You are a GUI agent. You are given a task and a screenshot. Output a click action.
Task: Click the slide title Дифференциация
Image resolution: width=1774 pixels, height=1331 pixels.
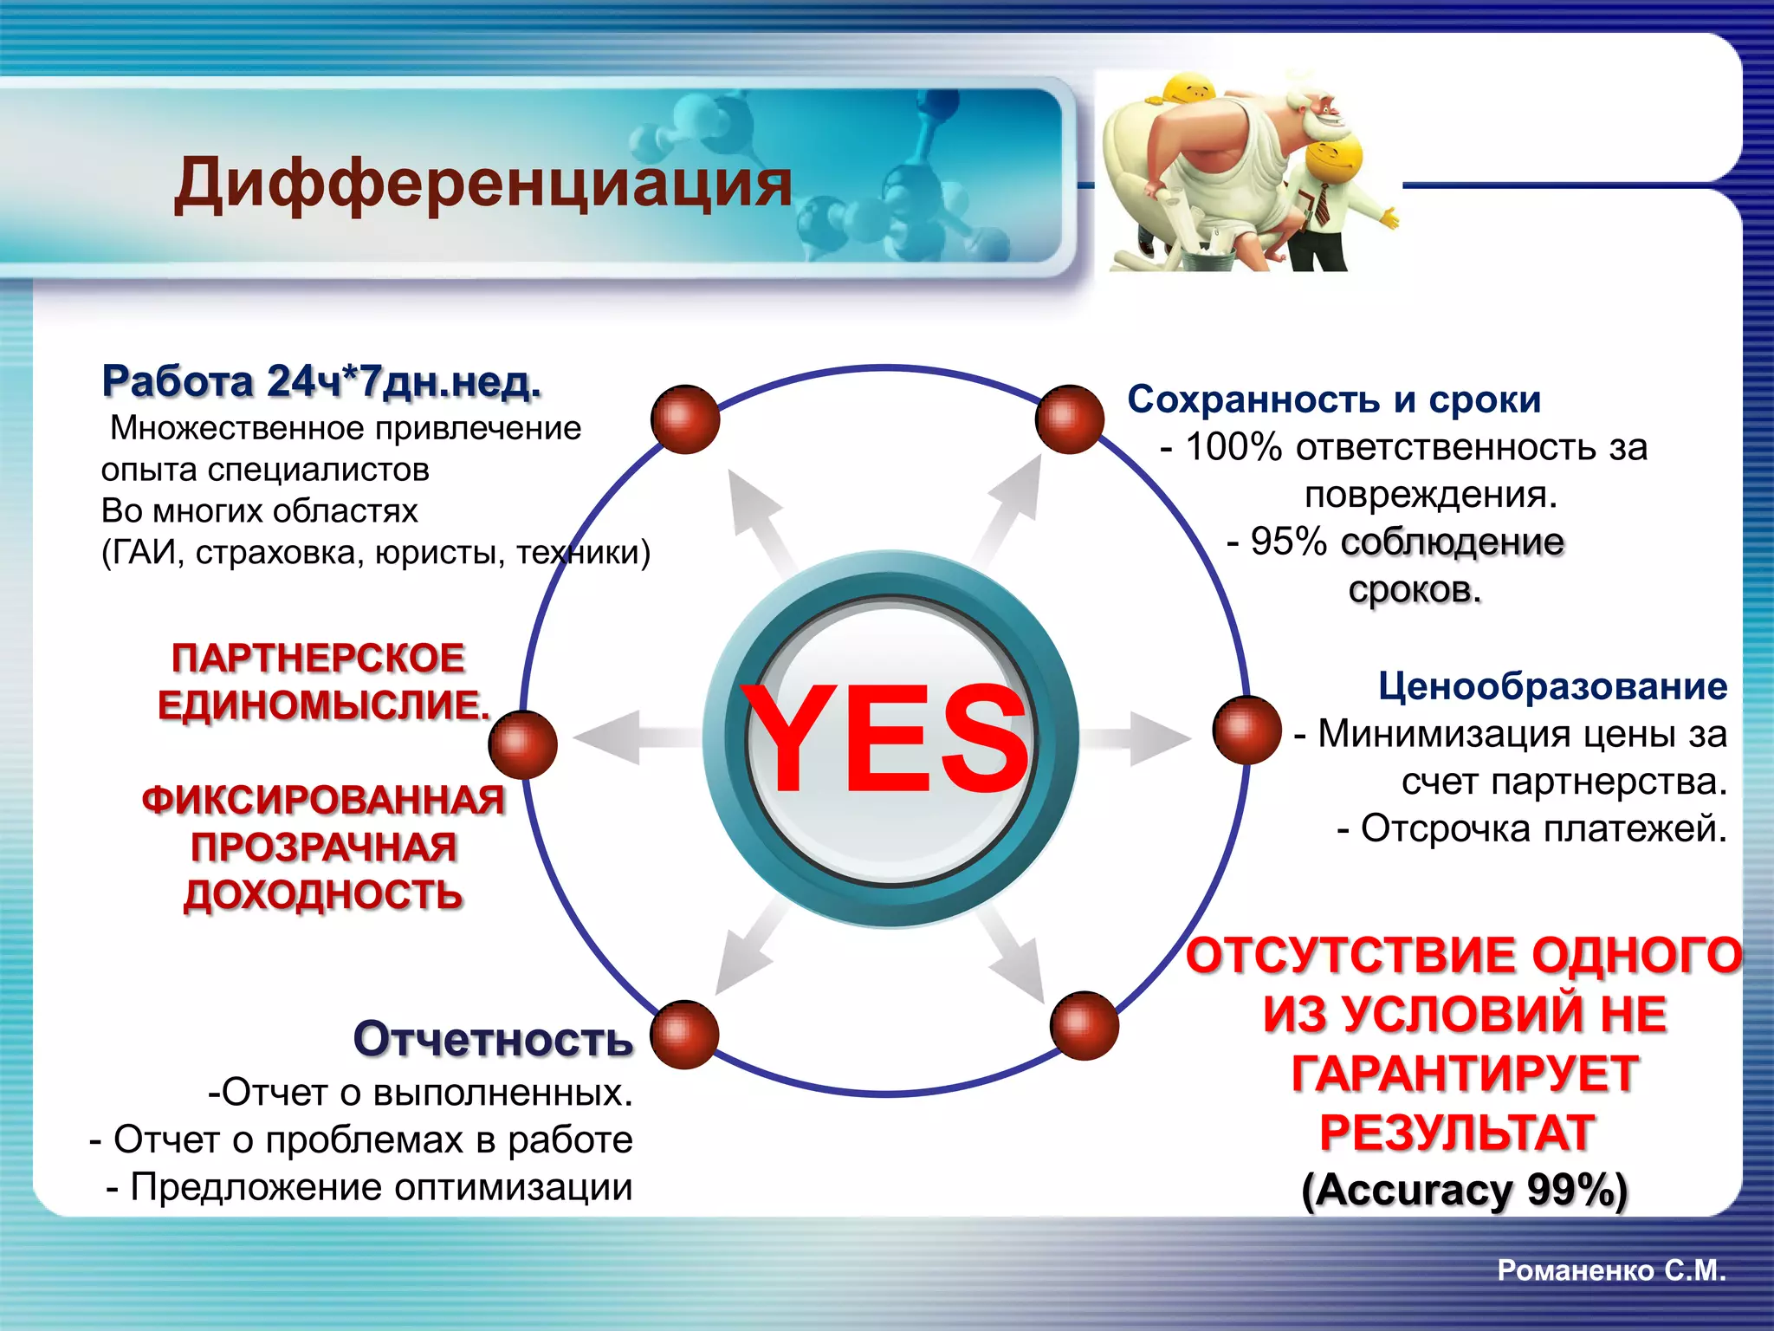tap(482, 184)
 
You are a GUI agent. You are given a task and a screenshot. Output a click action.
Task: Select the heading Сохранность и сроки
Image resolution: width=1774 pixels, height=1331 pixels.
tap(1334, 399)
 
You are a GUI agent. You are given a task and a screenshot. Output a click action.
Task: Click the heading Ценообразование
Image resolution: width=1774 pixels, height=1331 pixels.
tap(1552, 686)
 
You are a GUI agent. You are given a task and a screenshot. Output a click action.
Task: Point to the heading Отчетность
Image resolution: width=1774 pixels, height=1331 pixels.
tap(493, 1039)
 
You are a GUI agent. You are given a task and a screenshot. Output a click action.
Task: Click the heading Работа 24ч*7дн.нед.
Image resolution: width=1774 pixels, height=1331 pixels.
tap(321, 381)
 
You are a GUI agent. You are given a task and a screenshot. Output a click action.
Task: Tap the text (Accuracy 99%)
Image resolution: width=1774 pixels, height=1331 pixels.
tap(1464, 1190)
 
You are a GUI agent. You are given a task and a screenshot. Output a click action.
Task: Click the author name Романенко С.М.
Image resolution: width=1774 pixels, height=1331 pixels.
tap(1612, 1270)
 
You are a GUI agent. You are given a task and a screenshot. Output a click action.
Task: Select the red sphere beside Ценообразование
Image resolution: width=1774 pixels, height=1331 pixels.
tap(1246, 730)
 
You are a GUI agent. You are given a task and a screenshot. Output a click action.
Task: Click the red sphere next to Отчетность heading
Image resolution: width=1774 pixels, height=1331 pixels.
tap(684, 1035)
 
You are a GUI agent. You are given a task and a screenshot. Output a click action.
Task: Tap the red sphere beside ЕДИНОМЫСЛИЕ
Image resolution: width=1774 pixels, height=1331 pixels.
tap(522, 744)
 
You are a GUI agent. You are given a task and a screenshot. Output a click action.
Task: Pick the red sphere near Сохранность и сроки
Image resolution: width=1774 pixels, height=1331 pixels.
tap(1069, 419)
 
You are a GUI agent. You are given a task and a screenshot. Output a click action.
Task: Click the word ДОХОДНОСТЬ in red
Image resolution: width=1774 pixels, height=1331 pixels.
tap(323, 895)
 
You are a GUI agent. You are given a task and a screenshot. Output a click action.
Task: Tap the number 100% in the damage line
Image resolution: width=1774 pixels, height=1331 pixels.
tap(1233, 447)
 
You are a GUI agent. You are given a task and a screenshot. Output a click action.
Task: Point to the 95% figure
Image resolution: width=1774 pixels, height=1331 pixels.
tap(1288, 542)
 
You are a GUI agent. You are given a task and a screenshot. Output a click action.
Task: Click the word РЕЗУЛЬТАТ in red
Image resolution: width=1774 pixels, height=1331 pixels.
tap(1457, 1133)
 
